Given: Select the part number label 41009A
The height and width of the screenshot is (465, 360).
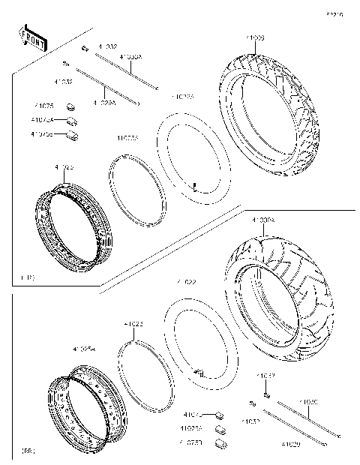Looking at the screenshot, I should click(x=263, y=220).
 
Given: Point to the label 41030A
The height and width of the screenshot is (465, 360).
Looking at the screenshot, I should click(x=131, y=55).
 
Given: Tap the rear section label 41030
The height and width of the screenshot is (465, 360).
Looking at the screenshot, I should click(x=309, y=402).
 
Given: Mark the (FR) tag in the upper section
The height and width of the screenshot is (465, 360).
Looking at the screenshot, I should click(x=27, y=278).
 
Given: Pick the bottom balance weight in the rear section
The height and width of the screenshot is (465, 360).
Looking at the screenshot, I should click(x=221, y=443).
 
